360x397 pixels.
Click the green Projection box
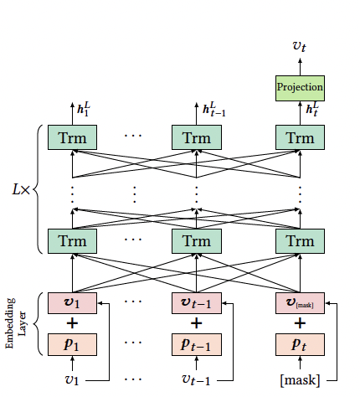(x=299, y=86)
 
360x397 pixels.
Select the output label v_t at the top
(x=299, y=47)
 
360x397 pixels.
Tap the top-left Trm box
(x=73, y=137)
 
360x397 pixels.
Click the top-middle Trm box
(x=196, y=137)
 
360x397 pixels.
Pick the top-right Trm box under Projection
(x=299, y=137)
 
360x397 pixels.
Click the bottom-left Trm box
(x=73, y=241)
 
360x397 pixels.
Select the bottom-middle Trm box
(x=196, y=241)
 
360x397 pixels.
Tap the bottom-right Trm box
(x=299, y=241)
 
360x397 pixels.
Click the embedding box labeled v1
(x=73, y=302)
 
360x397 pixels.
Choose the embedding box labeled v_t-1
(x=196, y=302)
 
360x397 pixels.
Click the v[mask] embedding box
(x=299, y=302)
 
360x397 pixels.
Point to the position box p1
(x=73, y=344)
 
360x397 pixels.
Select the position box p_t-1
(x=196, y=344)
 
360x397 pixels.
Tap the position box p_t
(x=299, y=344)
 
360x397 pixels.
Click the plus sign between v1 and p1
(x=73, y=323)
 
